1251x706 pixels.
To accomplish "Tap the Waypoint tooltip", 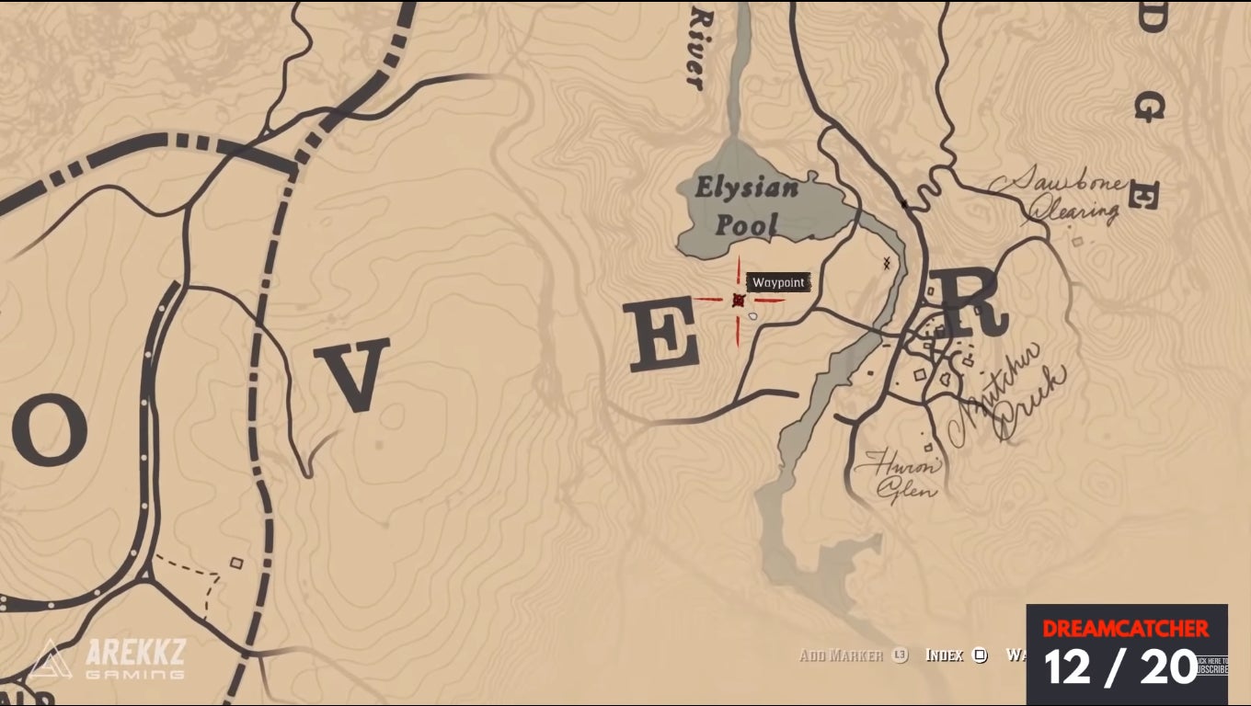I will coord(778,283).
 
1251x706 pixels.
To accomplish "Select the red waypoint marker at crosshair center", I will coord(738,300).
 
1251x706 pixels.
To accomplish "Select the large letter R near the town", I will coord(966,303).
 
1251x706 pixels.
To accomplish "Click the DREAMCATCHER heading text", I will coord(1125,629).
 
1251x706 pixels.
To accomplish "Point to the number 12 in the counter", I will coord(1067,667).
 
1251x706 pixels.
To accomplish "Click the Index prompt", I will coord(955,655).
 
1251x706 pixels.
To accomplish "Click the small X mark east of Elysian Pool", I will coord(887,264).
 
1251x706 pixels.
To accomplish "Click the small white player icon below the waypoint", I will coord(753,316).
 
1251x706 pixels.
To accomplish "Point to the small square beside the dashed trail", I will coord(236,563).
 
